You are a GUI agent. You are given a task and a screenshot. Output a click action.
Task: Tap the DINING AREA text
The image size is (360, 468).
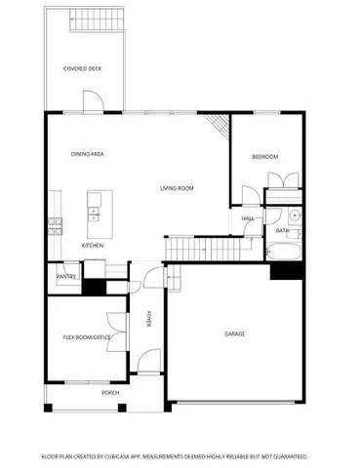(88, 154)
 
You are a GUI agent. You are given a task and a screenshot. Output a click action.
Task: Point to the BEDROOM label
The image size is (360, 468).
(264, 157)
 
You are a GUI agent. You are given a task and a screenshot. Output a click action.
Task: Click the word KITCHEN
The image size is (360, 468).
(93, 245)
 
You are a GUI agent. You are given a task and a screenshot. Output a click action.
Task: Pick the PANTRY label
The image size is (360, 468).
(66, 277)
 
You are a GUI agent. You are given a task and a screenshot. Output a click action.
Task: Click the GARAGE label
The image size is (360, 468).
(234, 333)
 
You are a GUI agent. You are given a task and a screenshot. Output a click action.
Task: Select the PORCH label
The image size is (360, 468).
(110, 393)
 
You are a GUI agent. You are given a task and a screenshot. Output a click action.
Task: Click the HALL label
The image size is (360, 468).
(248, 218)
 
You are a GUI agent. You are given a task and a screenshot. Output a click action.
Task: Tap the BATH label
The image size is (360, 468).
(280, 231)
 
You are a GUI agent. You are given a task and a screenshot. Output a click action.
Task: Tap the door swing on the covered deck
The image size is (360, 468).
(90, 101)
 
